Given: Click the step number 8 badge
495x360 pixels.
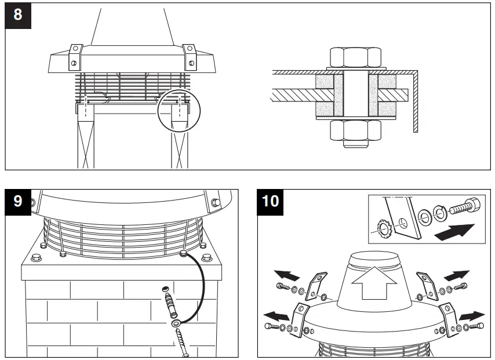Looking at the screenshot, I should click(18, 14).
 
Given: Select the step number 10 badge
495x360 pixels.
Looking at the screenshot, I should click(270, 201).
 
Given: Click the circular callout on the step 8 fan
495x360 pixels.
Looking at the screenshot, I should click(179, 110).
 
